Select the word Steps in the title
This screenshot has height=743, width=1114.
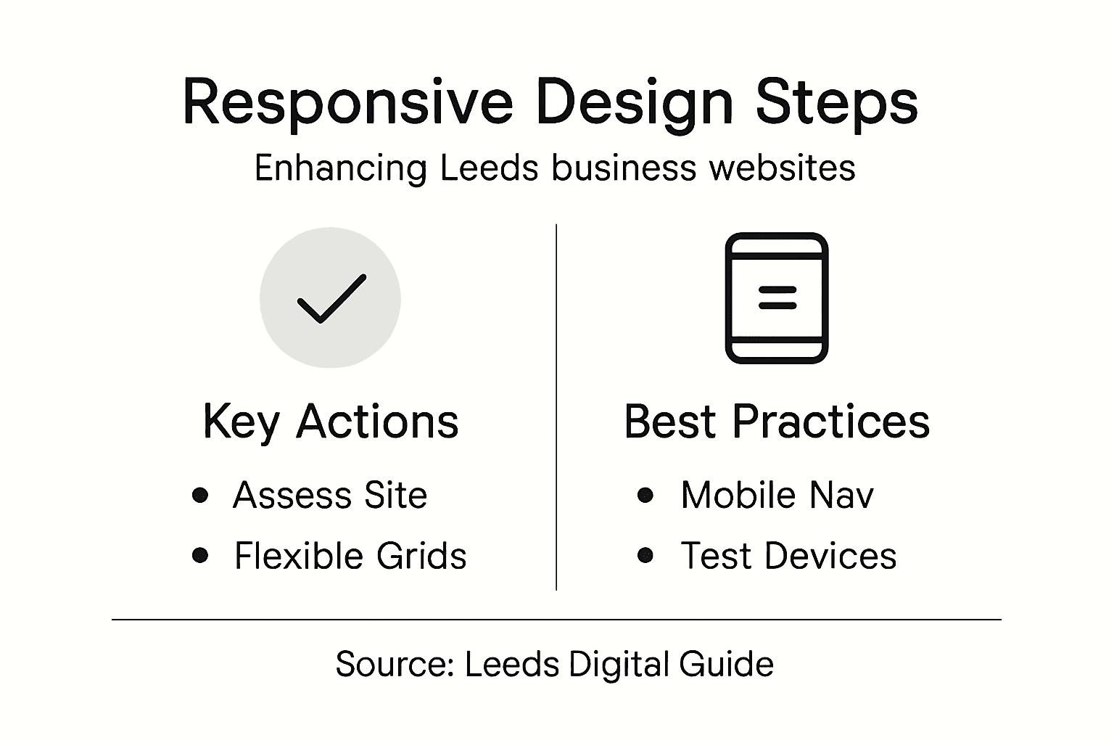(836, 102)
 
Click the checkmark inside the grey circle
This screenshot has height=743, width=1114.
(331, 298)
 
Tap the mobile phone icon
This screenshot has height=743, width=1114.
(777, 298)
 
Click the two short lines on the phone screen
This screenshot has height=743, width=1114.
(777, 297)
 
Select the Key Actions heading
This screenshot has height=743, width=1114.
(331, 421)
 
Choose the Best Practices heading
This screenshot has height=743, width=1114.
(777, 421)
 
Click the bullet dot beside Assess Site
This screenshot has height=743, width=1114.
(201, 496)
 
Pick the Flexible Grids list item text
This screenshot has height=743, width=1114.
(350, 557)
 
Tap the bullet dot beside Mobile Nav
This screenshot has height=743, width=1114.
(645, 496)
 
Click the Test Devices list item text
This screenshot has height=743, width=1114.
(788, 557)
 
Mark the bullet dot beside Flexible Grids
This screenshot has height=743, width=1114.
(201, 556)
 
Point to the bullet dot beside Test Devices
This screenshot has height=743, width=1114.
(645, 556)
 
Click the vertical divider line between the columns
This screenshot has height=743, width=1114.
(556, 406)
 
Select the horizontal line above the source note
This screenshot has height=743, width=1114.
(556, 620)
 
